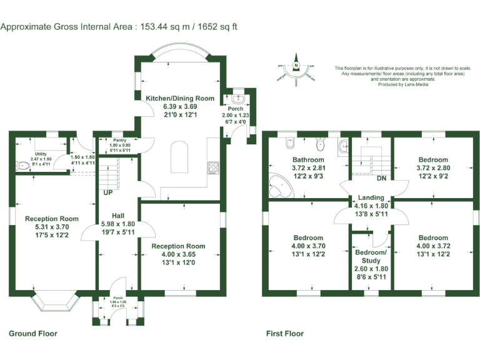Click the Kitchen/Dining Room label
[x=180, y=98]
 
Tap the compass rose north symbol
[x=297, y=65]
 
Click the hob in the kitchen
[x=213, y=167]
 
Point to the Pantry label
[x=120, y=140]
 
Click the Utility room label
[x=41, y=153]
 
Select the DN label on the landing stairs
[x=381, y=178]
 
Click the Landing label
[x=371, y=196]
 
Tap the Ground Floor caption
[x=32, y=334]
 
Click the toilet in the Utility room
[x=23, y=166]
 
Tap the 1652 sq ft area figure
[x=214, y=27]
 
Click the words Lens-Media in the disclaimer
[x=407, y=84]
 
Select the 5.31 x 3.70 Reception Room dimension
[x=52, y=227]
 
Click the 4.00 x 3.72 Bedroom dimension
[x=433, y=246]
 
